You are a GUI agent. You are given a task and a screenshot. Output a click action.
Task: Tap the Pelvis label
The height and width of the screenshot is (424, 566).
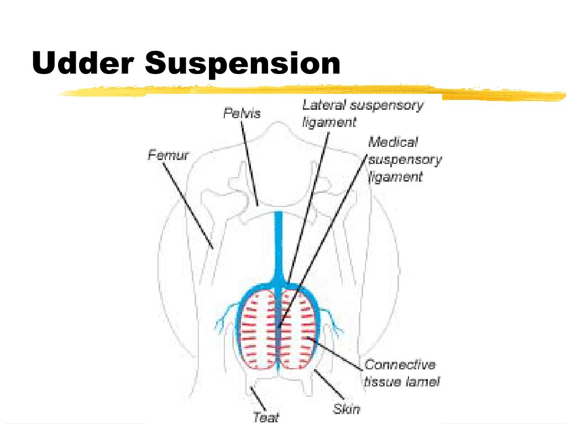pyautogui.click(x=242, y=113)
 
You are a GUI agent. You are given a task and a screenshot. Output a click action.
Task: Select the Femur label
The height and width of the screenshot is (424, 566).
pyautogui.click(x=168, y=155)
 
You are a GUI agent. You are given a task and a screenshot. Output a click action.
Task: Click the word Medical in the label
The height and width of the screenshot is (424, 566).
pyautogui.click(x=393, y=142)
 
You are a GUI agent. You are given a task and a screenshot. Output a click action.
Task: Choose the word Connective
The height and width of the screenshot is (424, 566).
pyautogui.click(x=400, y=365)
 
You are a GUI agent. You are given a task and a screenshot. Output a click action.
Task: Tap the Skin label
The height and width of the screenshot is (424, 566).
pyautogui.click(x=347, y=409)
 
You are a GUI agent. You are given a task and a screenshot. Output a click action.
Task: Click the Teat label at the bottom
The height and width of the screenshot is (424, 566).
pyautogui.click(x=266, y=417)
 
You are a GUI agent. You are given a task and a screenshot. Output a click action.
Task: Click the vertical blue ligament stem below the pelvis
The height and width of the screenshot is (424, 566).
pyautogui.click(x=279, y=243)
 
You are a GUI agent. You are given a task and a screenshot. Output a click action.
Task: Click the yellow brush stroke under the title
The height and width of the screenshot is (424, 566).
pyautogui.click(x=310, y=92)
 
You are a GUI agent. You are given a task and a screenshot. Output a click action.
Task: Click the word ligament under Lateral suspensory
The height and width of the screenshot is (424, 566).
pyautogui.click(x=329, y=123)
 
